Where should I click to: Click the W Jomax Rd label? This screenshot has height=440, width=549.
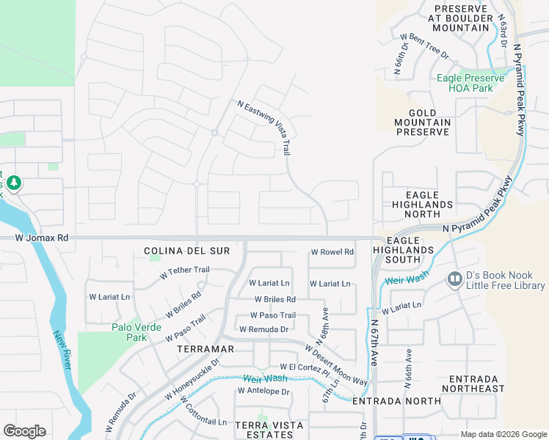coord(41,238)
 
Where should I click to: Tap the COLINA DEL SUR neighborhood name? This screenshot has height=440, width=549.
coord(187,251)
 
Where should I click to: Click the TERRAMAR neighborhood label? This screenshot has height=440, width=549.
coord(205,350)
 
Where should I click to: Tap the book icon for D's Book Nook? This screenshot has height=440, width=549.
coord(454,279)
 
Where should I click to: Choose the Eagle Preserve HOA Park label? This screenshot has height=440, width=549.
coord(470,83)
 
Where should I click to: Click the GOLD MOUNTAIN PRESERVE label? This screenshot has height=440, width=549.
coord(422,121)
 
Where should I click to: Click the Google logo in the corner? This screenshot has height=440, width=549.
coord(24,431)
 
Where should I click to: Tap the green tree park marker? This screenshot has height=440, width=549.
coord(14,183)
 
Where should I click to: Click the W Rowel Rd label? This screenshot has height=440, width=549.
coord(332,252)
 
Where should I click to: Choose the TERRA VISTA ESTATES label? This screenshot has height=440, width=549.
coord(263,430)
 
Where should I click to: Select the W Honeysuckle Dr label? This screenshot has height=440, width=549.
coord(192,380)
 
